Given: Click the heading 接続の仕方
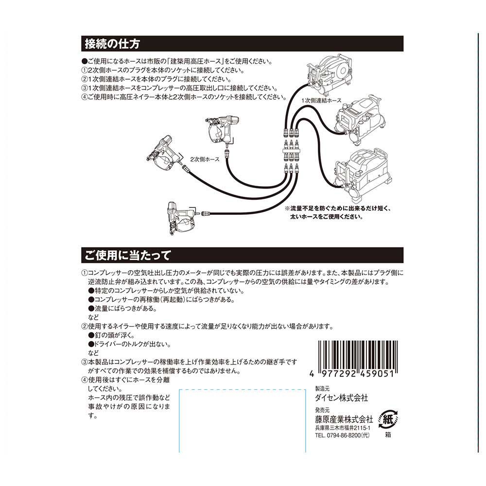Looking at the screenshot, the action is pyautogui.click(x=112, y=44).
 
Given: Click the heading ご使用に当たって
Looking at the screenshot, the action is pyautogui.click(x=128, y=256).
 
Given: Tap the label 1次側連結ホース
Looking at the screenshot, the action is pyautogui.click(x=321, y=101).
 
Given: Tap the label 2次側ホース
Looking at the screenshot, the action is pyautogui.click(x=205, y=159).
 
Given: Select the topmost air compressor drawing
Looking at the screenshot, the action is pyautogui.click(x=329, y=74).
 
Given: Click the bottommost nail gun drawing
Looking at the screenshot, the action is pyautogui.click(x=182, y=218).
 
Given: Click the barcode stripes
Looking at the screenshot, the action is pyautogui.click(x=358, y=354).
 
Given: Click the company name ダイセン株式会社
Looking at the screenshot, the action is pyautogui.click(x=341, y=398).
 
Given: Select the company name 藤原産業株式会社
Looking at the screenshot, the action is pyautogui.click(x=344, y=419).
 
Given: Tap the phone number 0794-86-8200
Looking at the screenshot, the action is pyautogui.click(x=342, y=435).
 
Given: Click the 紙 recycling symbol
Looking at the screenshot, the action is pyautogui.click(x=388, y=420).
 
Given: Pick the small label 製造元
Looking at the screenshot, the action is pyautogui.click(x=322, y=388).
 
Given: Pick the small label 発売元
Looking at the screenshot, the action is pyautogui.click(x=322, y=410).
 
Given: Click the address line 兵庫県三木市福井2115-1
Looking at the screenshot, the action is pyautogui.click(x=343, y=428).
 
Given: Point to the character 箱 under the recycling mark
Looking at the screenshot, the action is pyautogui.click(x=388, y=435).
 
